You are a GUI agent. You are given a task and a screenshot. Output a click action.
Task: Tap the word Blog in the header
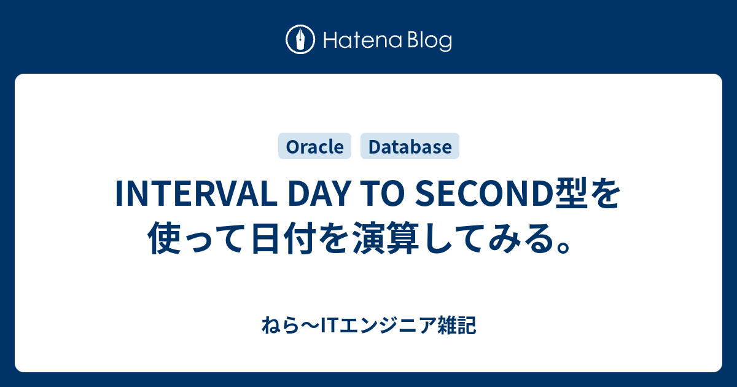[429, 41]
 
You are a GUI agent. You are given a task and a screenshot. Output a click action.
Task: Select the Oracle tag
[314, 146]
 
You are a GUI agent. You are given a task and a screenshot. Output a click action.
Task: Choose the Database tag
[410, 146]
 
